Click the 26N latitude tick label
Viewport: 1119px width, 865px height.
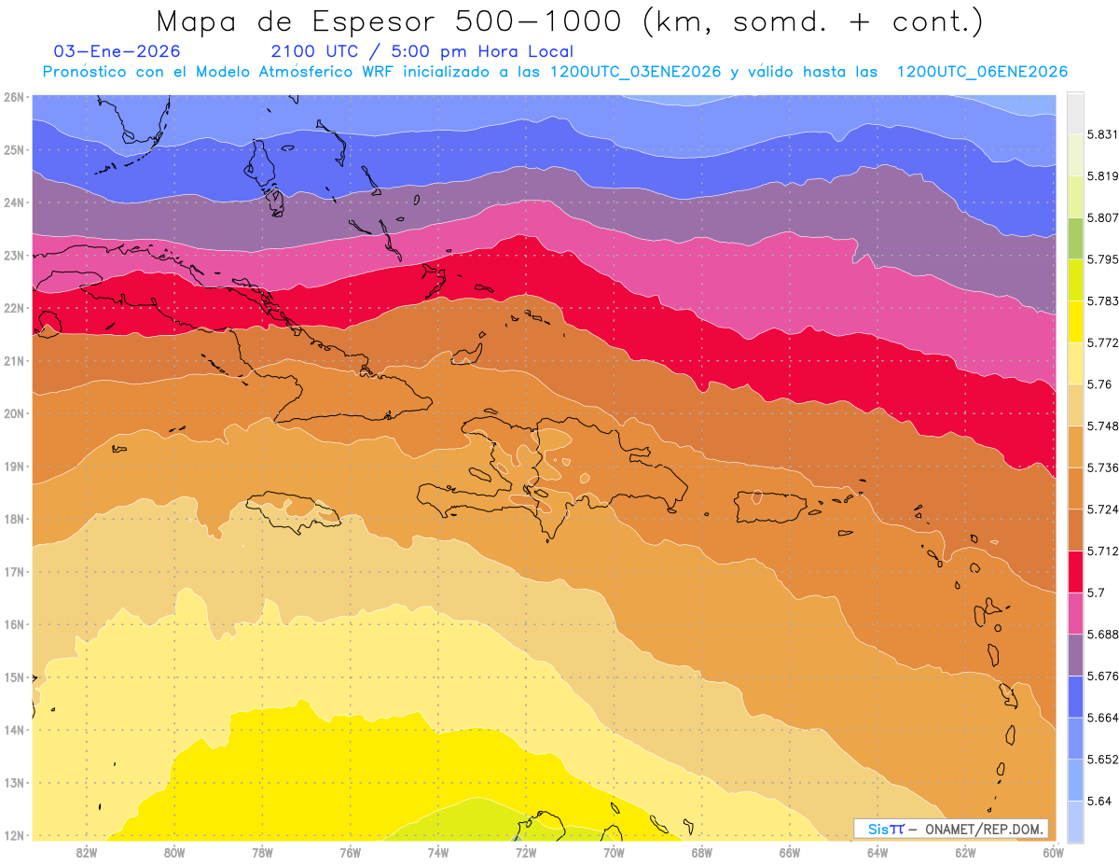click(14, 97)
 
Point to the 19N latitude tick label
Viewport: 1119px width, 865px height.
click(14, 467)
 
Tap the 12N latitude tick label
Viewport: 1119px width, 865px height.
click(14, 835)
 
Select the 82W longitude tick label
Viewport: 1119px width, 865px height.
click(87, 851)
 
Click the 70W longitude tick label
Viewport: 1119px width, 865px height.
click(614, 851)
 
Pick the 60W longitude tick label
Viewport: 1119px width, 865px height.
click(1054, 851)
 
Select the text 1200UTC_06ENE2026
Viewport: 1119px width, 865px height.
click(982, 72)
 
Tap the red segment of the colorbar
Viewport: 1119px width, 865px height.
click(1075, 571)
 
